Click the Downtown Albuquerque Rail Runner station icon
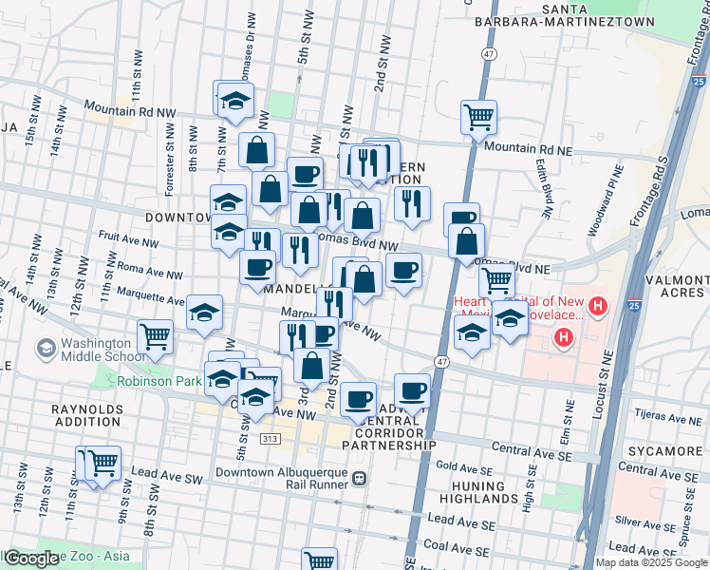(359, 478)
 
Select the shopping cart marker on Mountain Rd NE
(479, 117)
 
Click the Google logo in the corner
(32, 559)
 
